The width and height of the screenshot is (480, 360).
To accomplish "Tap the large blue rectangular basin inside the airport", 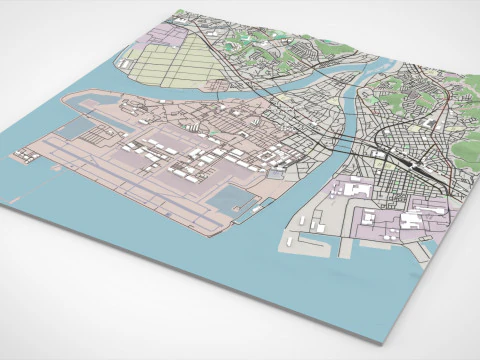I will pyautogui.click(x=228, y=199).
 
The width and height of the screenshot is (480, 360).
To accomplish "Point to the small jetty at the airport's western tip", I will pyautogui.click(x=20, y=154).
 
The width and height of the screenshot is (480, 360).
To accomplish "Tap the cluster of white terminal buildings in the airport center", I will pyautogui.click(x=175, y=160).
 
